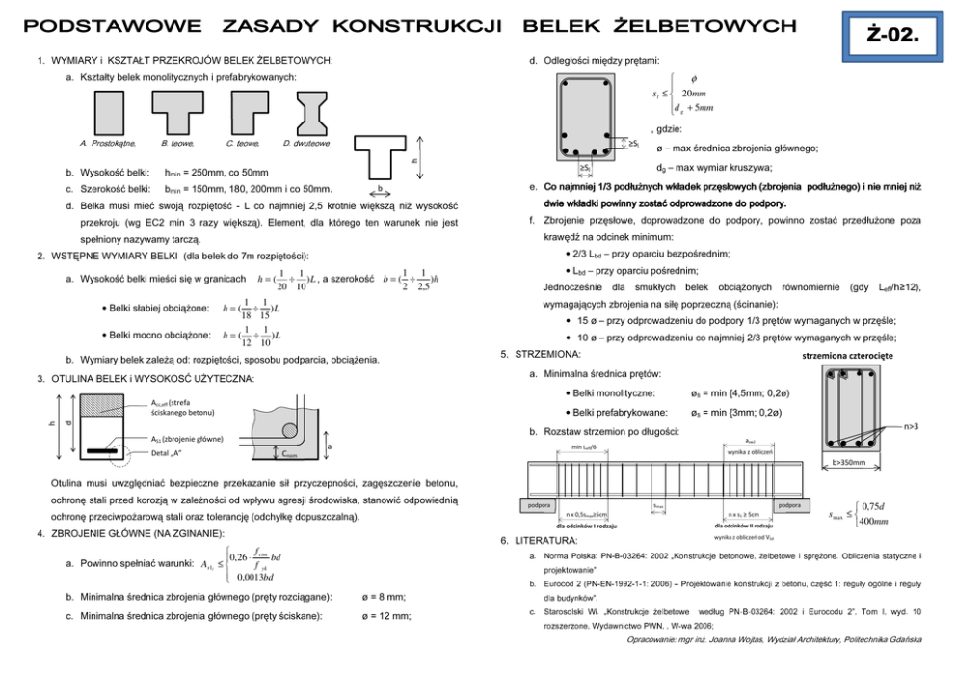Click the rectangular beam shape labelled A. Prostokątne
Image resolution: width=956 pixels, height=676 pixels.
(107, 113)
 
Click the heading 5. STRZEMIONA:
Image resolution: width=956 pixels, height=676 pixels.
(542, 355)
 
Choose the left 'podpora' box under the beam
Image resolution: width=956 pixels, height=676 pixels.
(534, 506)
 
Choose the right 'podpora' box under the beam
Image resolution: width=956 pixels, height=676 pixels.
(788, 506)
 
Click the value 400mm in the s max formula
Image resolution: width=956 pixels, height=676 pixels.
(875, 522)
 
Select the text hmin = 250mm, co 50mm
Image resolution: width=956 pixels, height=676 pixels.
(224, 172)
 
